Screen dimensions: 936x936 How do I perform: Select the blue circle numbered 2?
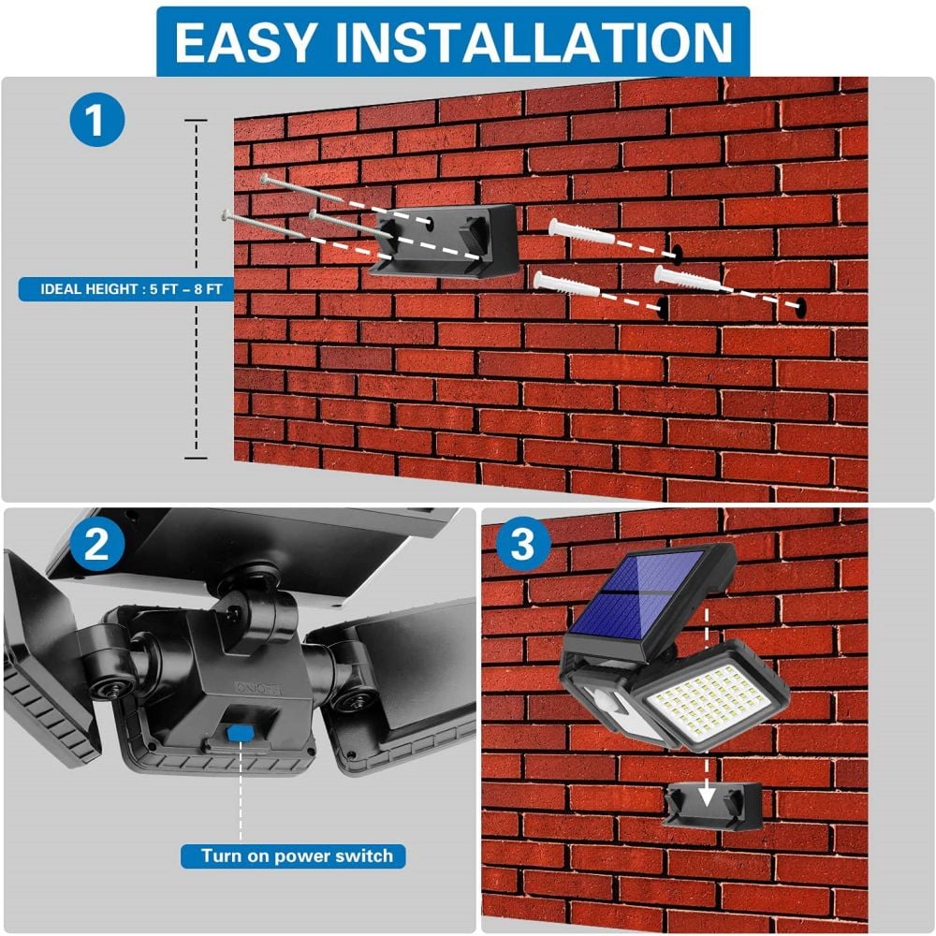tap(96, 546)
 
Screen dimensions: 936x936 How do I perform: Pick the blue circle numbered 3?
tap(523, 546)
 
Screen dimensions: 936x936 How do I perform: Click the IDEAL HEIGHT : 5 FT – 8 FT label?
tap(122, 289)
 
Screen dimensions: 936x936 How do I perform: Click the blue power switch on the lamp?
tap(241, 731)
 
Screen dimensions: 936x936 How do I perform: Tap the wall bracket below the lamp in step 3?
tap(711, 806)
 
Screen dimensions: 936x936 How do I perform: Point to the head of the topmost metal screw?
tap(265, 178)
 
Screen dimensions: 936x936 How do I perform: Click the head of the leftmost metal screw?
tap(226, 215)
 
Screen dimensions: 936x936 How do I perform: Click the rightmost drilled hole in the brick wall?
tap(801, 305)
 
